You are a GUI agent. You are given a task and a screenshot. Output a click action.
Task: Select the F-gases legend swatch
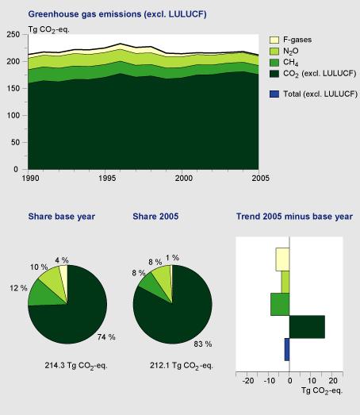click(275, 39)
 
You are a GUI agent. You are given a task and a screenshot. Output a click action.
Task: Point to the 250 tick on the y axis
click(11, 35)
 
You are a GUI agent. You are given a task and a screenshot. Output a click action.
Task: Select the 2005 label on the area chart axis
click(258, 179)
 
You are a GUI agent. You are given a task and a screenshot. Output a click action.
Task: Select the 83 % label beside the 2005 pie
click(203, 344)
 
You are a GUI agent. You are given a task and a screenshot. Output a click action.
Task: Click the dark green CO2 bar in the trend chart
click(307, 327)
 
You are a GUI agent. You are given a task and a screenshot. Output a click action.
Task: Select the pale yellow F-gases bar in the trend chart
click(282, 259)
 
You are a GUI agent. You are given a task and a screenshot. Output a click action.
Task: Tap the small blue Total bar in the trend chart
click(287, 349)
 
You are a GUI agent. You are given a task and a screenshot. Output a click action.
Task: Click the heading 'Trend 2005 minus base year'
click(288, 216)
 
